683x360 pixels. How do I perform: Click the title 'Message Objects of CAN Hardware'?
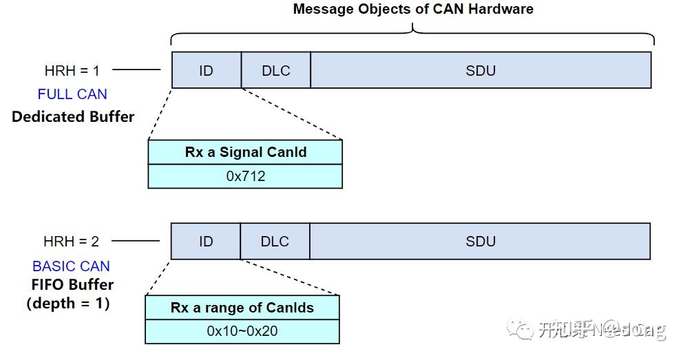point(413,9)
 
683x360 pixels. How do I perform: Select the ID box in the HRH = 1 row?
point(206,70)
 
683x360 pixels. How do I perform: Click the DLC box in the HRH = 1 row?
point(275,70)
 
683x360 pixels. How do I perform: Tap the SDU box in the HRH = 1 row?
point(481,70)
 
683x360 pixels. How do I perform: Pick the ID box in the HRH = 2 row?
point(205,242)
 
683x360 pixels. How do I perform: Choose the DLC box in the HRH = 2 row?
point(275,242)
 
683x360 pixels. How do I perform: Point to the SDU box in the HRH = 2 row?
point(480,242)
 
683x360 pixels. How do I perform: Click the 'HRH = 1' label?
point(72,70)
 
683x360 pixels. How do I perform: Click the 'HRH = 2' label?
point(71,242)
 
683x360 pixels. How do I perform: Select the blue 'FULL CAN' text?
point(72,94)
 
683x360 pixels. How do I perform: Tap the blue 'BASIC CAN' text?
point(71,266)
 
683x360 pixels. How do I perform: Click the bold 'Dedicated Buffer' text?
point(73,116)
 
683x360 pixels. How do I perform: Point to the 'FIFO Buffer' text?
point(72,284)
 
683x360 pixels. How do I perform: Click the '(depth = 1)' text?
point(68,303)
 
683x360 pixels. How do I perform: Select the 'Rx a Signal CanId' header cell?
point(245,152)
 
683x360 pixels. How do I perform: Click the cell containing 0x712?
point(245,176)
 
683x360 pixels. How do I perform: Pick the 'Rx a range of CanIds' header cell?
point(242,308)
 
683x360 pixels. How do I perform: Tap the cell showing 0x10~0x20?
point(242,331)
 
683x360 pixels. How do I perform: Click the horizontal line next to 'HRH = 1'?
point(136,70)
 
